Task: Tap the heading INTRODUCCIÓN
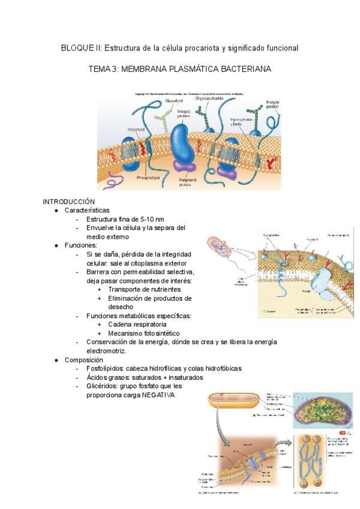pyautogui.click(x=68, y=201)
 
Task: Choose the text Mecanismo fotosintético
pyautogui.click(x=143, y=333)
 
